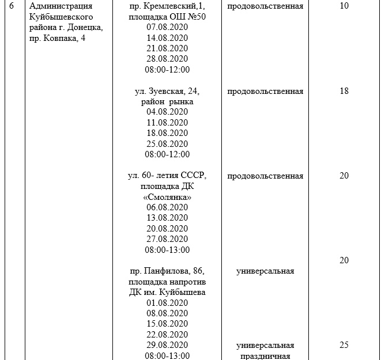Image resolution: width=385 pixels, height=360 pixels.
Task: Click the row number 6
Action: coord(12,7)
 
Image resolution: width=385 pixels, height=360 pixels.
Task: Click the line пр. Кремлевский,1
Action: coord(167,7)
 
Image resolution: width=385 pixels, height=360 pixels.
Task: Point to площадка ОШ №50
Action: coord(167,17)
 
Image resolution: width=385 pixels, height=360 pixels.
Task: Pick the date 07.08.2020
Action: coord(167,28)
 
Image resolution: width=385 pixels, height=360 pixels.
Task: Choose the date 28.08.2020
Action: coord(167,59)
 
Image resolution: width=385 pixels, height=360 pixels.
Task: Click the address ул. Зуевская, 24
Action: coord(167,91)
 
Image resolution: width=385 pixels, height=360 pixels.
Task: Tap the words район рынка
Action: coord(167,101)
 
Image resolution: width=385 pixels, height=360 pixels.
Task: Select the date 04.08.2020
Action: coord(167,112)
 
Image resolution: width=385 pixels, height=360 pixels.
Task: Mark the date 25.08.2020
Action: coord(167,143)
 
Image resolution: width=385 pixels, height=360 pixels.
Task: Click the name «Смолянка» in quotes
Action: coord(167,197)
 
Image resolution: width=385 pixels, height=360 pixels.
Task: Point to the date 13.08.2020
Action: coord(167,218)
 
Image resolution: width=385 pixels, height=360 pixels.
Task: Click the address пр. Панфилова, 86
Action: coord(167,271)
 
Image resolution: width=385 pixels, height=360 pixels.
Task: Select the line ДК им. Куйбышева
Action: coord(167,292)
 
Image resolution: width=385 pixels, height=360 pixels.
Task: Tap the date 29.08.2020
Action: coord(167,345)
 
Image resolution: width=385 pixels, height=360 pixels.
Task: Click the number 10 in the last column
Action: coord(344,7)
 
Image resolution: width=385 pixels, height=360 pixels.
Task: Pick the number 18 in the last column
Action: coord(344,91)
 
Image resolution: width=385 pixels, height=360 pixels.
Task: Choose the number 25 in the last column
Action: coord(344,345)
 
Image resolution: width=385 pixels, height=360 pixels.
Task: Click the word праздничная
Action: coord(265,356)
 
